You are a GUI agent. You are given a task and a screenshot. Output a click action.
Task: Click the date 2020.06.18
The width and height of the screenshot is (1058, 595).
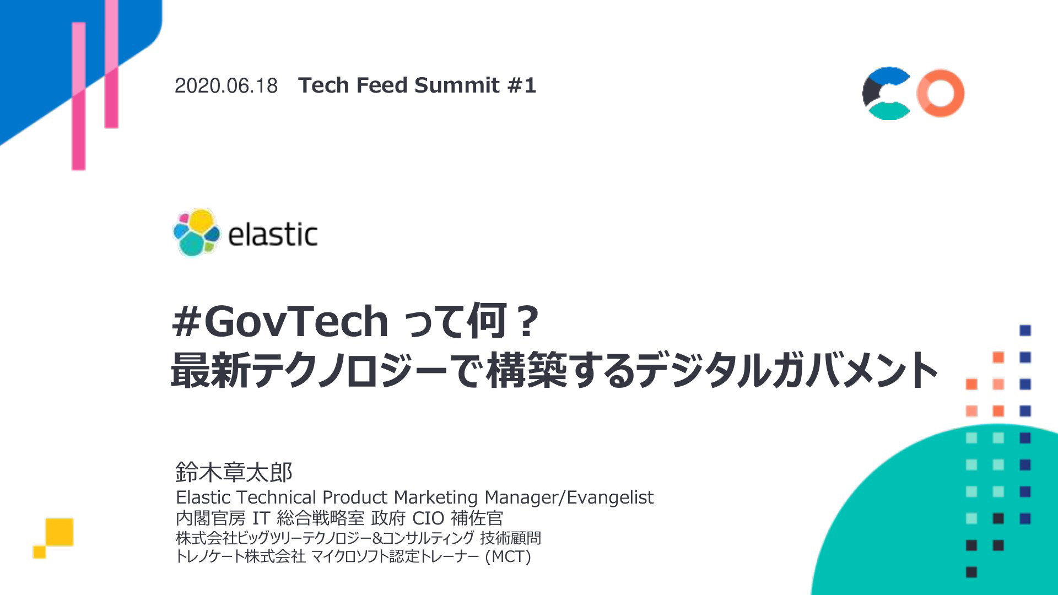(x=226, y=86)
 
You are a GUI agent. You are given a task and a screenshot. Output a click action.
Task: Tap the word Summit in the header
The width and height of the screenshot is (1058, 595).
(x=457, y=85)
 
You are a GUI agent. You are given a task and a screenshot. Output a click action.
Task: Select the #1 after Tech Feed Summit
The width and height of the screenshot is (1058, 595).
(x=521, y=85)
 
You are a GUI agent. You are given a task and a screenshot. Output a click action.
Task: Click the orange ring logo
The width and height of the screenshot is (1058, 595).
(x=941, y=93)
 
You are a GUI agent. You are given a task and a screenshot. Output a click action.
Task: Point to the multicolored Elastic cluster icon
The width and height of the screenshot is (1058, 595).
(x=197, y=232)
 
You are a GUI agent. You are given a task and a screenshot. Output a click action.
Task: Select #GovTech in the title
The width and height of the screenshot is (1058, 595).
(x=280, y=322)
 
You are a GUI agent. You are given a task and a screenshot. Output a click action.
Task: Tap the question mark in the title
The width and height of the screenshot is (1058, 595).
(x=527, y=322)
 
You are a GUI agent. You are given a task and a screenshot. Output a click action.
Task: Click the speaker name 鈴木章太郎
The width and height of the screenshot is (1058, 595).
(x=234, y=472)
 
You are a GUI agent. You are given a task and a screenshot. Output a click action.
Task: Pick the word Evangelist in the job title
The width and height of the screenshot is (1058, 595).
(x=610, y=497)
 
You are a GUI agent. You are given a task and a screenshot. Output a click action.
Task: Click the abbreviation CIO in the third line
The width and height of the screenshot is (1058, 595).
(x=428, y=518)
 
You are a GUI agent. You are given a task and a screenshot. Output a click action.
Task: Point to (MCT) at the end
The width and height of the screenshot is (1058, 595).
(x=508, y=556)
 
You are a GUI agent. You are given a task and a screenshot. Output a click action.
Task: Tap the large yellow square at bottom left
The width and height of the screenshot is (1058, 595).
(x=60, y=532)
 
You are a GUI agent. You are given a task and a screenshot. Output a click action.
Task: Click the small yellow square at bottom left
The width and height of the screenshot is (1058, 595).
(x=39, y=551)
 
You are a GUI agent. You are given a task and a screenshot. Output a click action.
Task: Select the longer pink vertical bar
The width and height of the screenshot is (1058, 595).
(x=79, y=96)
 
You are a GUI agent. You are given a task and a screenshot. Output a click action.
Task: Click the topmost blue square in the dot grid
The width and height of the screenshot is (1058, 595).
(x=1025, y=331)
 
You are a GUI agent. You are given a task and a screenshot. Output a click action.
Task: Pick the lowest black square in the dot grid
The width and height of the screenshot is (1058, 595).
(x=971, y=572)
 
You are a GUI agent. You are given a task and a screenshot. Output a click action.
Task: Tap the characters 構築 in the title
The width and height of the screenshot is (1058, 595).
(x=527, y=370)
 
